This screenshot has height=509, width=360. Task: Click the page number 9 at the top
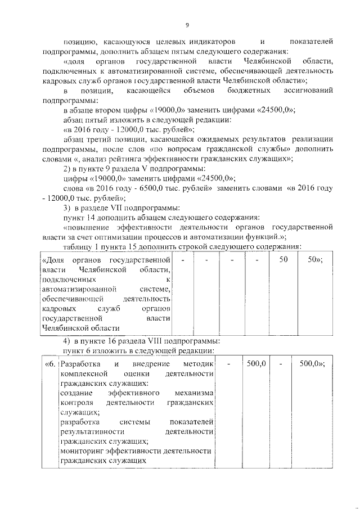pyautogui.click(x=186, y=25)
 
